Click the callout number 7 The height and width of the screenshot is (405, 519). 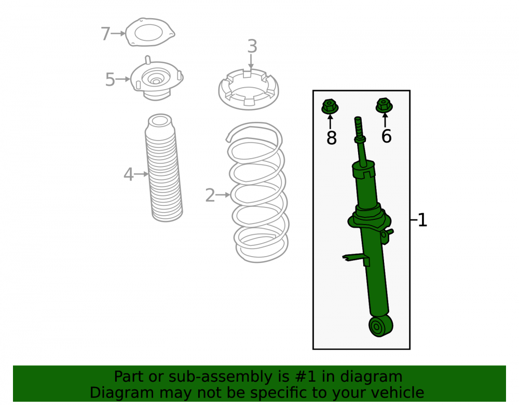click(105, 33)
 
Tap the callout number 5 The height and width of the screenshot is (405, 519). click(110, 80)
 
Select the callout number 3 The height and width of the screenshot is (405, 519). click(252, 46)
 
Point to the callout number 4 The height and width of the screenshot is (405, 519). click(128, 174)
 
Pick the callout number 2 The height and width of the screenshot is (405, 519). click(210, 195)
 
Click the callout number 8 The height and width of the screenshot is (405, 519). click(331, 137)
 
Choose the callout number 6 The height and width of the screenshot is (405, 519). click(386, 136)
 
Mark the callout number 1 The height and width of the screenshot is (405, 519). click(422, 220)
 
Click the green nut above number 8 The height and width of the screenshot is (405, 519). click(330, 106)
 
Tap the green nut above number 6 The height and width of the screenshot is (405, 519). click(384, 105)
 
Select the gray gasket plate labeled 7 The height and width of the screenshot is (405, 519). click(150, 32)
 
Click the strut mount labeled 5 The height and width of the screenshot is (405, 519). click(156, 79)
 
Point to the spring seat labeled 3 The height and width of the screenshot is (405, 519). click(249, 89)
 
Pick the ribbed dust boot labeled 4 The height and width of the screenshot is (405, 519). click(163, 168)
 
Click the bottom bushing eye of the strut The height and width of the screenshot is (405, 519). click(380, 326)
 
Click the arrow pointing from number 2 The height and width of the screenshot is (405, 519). click(223, 195)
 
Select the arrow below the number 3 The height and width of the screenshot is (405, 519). click(251, 62)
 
